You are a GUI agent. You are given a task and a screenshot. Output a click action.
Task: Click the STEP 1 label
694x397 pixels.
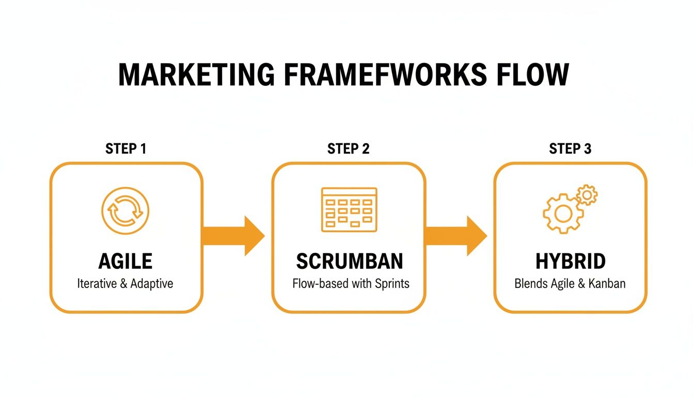click(x=126, y=149)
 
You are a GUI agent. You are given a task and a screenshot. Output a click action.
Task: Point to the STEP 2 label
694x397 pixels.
click(x=349, y=149)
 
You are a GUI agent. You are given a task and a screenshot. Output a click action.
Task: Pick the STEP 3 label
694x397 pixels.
click(x=570, y=149)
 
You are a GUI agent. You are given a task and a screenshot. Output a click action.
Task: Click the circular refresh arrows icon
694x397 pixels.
click(x=125, y=211)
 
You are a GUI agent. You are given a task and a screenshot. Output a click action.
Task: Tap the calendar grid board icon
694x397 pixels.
click(x=349, y=209)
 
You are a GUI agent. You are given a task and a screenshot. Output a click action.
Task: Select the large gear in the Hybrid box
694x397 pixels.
click(x=563, y=213)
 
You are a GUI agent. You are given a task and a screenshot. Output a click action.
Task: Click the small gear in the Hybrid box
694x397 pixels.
click(x=587, y=195)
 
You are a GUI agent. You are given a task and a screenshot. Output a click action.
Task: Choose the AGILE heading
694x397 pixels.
click(x=125, y=262)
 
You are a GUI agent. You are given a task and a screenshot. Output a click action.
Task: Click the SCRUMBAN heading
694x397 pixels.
click(x=350, y=262)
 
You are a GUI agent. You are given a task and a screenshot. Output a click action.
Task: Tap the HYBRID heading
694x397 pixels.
click(x=570, y=262)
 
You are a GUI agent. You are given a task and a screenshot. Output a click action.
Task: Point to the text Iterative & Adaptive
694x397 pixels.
click(x=125, y=284)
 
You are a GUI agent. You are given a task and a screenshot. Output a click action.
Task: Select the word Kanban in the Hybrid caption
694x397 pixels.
click(x=607, y=284)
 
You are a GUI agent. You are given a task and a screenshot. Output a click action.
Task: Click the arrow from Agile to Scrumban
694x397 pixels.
click(x=233, y=236)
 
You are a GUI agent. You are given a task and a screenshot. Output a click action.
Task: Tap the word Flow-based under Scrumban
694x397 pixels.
click(x=318, y=284)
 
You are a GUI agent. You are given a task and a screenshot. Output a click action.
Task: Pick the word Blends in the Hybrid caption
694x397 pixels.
click(x=529, y=284)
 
